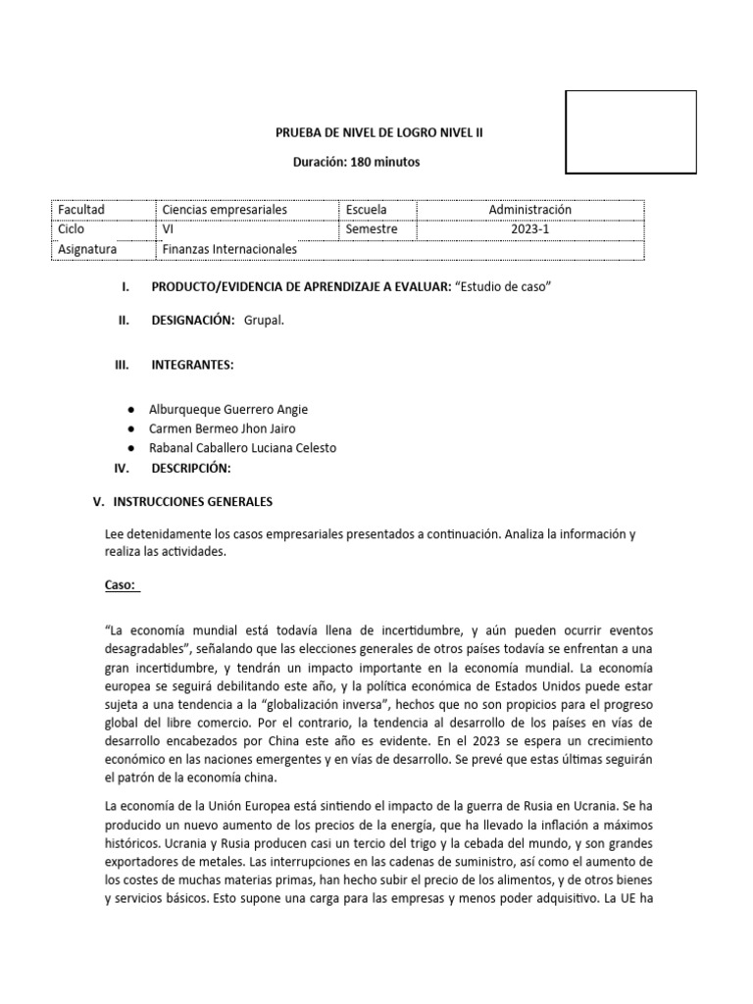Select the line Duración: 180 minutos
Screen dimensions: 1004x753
pyautogui.click(x=358, y=162)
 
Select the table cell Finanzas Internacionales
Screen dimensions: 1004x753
pyautogui.click(x=228, y=249)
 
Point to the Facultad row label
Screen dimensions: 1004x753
pyautogui.click(x=81, y=210)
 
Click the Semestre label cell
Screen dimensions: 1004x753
pyautogui.click(x=372, y=229)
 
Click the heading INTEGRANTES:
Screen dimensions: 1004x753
pyautogui.click(x=192, y=365)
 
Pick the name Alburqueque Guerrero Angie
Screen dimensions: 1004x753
pyautogui.click(x=227, y=410)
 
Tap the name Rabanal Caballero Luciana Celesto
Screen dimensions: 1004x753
pyautogui.click(x=242, y=448)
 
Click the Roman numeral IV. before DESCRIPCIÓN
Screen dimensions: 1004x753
pyautogui.click(x=123, y=469)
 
